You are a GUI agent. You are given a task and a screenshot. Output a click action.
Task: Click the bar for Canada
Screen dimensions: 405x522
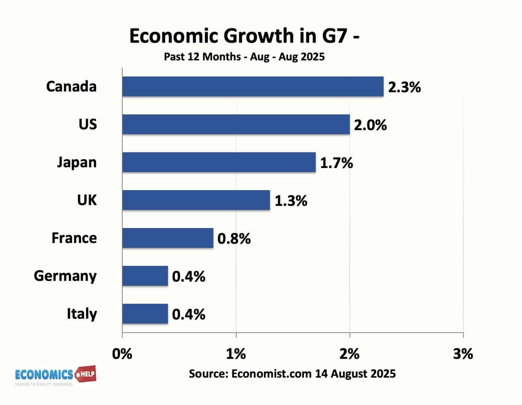point(253,87)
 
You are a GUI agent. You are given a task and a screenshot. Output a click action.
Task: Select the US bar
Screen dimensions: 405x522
point(236,124)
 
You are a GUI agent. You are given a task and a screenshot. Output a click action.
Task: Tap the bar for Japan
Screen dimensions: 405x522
point(219,162)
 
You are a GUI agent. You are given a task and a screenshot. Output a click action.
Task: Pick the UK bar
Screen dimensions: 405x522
point(196,200)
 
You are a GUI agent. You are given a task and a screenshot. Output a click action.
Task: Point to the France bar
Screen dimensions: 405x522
point(168,238)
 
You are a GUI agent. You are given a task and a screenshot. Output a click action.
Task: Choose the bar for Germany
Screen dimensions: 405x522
point(145,276)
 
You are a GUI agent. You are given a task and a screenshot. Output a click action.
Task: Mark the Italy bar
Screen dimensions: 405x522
point(145,314)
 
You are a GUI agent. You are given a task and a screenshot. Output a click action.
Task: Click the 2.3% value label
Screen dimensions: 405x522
point(404,87)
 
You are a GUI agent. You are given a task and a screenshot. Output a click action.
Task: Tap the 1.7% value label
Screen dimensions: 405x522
point(336,163)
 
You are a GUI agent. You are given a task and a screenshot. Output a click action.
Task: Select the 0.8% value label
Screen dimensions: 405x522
point(234,239)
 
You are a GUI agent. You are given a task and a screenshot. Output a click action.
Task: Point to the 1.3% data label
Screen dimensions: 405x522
point(291,201)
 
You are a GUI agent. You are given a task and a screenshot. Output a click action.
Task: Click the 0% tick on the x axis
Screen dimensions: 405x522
point(122,354)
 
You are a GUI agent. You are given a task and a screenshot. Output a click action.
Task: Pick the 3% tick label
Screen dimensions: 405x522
point(463,354)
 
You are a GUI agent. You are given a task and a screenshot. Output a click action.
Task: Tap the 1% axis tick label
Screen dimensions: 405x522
point(236,354)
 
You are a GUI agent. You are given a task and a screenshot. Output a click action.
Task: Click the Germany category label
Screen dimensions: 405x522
point(65,276)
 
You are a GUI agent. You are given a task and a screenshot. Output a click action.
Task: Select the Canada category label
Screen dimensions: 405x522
point(71,87)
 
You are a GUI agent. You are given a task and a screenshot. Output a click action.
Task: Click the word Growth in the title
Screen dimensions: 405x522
point(259,36)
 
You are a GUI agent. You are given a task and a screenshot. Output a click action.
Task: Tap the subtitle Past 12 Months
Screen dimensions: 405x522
point(202,57)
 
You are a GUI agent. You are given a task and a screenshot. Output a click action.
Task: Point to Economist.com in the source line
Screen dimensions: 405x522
point(271,373)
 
